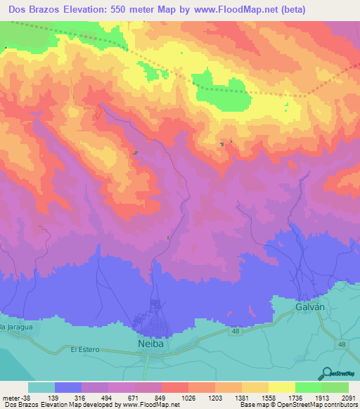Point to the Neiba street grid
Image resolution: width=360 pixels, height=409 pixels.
(x=156, y=316)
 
